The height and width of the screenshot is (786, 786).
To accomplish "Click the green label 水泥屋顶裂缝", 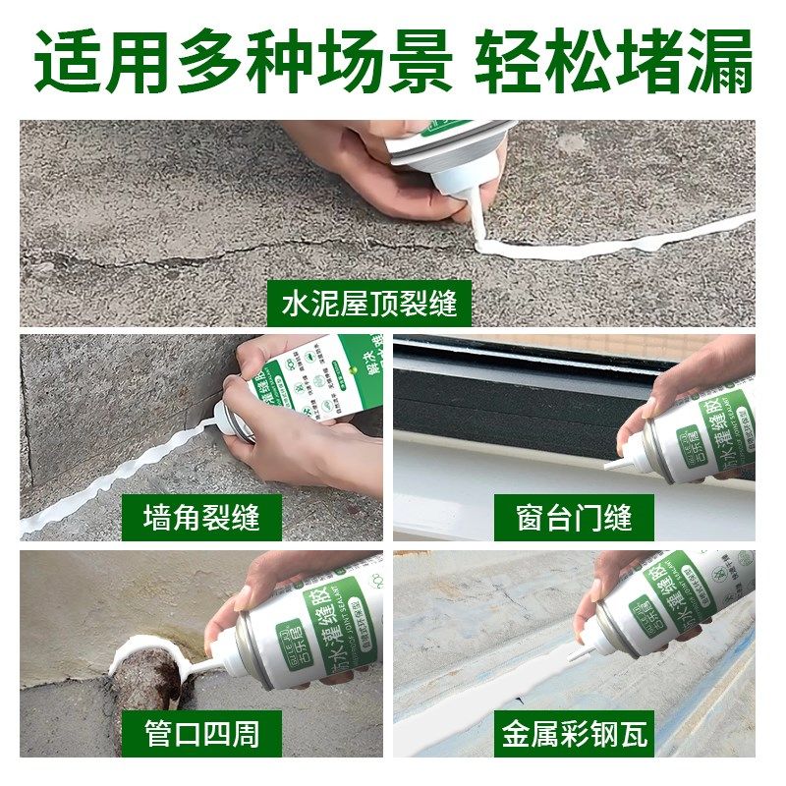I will pyautogui.click(x=368, y=304).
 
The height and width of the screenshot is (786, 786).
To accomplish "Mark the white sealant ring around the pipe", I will pyautogui.click(x=147, y=644).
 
